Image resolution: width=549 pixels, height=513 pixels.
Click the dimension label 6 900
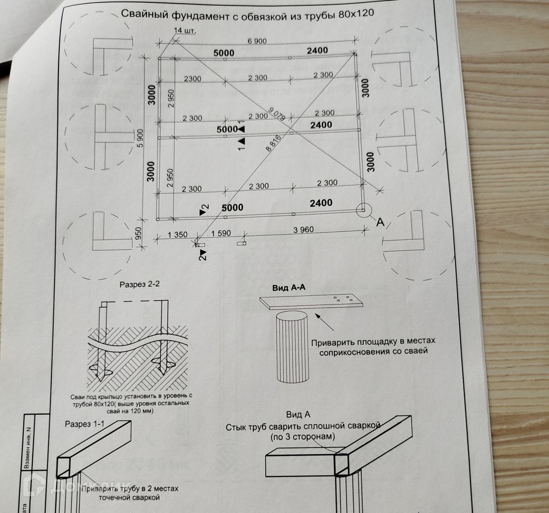(257, 41)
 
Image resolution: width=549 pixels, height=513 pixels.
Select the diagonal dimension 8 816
(274, 143)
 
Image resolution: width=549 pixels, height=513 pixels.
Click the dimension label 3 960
(304, 230)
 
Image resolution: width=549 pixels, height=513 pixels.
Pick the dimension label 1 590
(221, 233)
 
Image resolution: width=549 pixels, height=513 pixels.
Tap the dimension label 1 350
(178, 235)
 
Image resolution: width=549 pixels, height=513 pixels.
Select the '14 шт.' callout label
(184, 31)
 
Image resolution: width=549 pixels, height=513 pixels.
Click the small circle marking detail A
(363, 209)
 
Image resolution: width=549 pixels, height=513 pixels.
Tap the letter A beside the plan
(380, 221)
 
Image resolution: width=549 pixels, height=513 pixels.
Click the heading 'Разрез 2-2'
(140, 285)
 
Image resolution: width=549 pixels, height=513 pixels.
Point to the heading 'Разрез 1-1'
(85, 424)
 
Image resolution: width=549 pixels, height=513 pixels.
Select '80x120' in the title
(356, 13)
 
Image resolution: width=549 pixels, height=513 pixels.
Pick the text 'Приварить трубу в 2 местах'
(130, 489)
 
